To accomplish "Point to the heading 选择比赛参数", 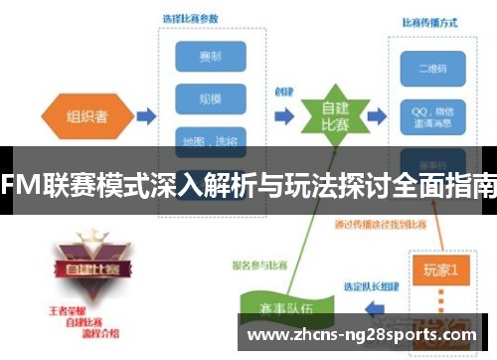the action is pyautogui.click(x=192, y=18).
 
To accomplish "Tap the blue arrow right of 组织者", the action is pyautogui.click(x=145, y=116).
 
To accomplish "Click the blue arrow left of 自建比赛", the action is pyautogui.click(x=284, y=116).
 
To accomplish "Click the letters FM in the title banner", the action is pyautogui.click(x=21, y=185).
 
